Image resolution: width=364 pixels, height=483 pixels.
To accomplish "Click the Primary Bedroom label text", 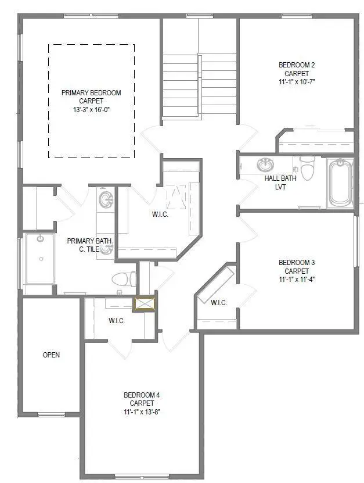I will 92,92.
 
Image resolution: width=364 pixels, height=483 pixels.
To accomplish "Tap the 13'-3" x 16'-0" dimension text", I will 92,109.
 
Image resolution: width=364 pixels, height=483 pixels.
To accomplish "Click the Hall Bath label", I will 277,179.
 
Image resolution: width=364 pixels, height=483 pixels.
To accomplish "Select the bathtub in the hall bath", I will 340,183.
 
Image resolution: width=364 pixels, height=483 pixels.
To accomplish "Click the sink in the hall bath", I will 266,165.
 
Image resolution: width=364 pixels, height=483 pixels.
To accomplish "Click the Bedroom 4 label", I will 142,395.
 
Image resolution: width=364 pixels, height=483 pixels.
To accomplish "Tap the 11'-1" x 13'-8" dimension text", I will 142,412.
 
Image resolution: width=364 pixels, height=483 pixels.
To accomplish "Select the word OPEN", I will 51,355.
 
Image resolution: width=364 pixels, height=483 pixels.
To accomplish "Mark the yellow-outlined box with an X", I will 144,304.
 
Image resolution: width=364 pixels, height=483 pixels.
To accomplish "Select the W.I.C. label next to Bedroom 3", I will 219,303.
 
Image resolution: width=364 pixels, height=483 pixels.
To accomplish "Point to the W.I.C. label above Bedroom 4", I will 117,321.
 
